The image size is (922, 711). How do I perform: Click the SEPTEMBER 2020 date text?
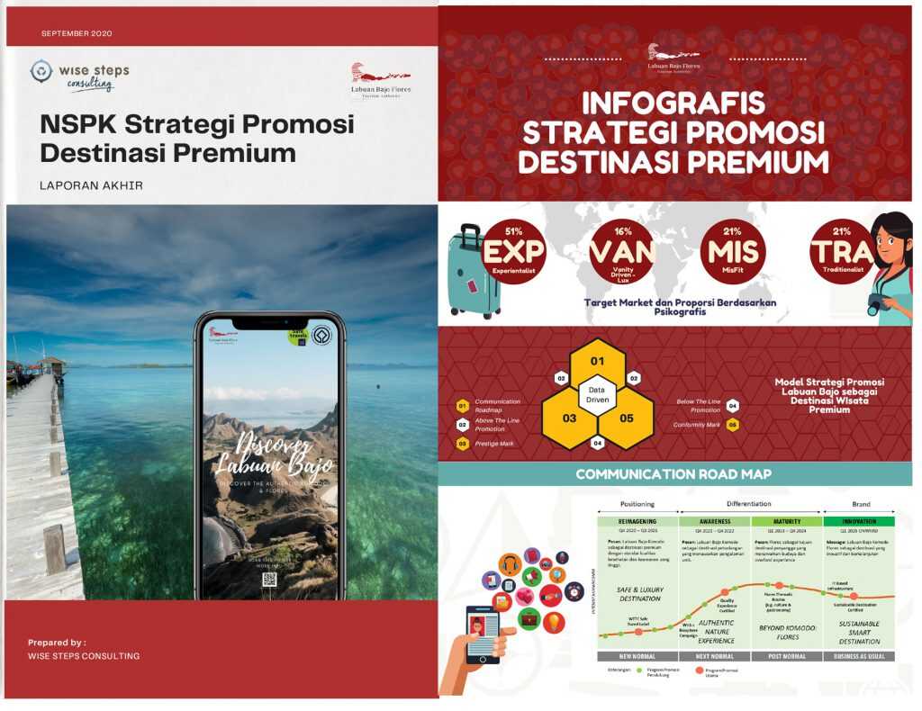coord(77,33)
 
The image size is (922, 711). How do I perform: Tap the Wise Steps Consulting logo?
coord(80,76)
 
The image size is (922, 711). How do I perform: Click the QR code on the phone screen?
coord(268,579)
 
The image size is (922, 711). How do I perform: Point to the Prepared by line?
coord(57,643)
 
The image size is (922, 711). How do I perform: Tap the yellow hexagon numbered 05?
coord(625,418)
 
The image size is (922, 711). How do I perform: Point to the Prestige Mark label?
coord(493,444)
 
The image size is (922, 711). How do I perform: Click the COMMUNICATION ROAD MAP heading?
coord(673,473)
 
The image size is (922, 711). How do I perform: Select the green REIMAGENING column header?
coord(637,521)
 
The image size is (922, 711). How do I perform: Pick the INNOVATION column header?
coord(859,521)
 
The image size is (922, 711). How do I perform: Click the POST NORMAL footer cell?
coord(786,655)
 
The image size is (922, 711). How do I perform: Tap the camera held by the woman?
coord(877,304)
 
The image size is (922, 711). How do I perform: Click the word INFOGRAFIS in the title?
coord(673,103)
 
